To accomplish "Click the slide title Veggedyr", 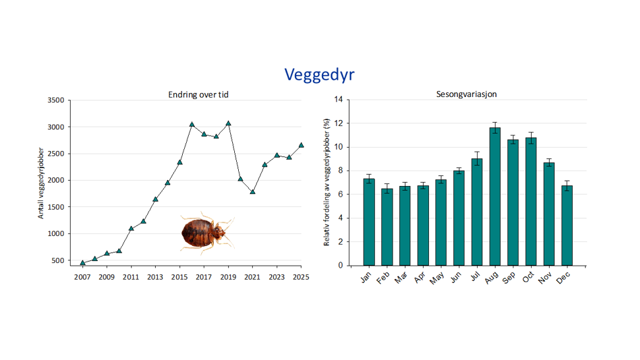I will tap(319, 75).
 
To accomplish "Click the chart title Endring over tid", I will tap(198, 95).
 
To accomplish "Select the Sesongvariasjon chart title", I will tap(466, 94).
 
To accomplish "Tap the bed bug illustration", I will tap(206, 233).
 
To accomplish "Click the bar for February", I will tap(387, 227).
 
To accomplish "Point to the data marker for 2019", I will tap(228, 123).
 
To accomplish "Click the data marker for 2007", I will tap(82, 263).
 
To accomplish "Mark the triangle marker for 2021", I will tap(253, 192).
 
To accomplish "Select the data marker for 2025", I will tap(301, 145).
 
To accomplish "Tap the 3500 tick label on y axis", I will tap(55, 100).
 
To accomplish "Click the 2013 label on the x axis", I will tap(155, 278).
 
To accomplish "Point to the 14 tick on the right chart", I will tap(338, 100).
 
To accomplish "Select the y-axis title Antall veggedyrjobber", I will tap(41, 183).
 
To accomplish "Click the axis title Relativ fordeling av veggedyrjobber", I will tap(327, 182).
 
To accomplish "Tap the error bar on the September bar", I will tap(513, 139).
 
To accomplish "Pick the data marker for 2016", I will tap(192, 125).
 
